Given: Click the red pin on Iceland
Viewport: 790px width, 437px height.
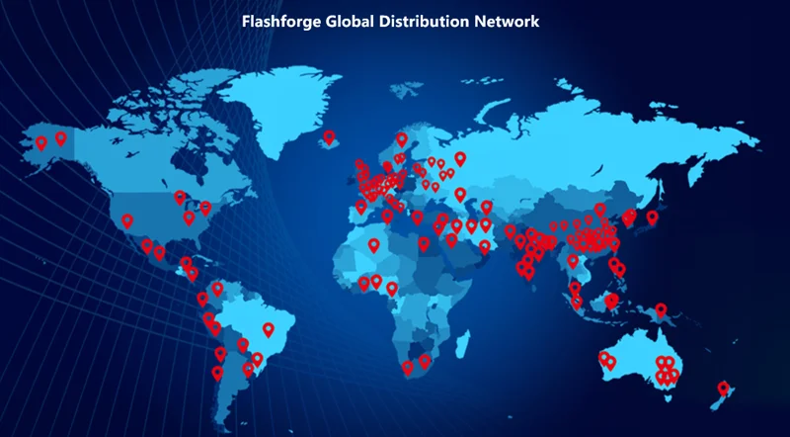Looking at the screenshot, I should pos(329,138).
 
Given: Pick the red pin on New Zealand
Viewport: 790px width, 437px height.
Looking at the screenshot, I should pos(723,389).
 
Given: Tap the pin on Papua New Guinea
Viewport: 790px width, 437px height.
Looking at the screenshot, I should pos(661,312).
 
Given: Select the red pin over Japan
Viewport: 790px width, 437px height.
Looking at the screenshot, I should pos(652,218).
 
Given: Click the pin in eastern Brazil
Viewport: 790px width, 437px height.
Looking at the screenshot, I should pos(268,329).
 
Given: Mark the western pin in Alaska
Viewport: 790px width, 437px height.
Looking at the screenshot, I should pos(41,143).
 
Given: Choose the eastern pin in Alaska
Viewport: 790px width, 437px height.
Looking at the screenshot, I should pos(60,138).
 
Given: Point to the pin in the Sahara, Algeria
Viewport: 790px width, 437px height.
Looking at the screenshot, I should pos(373,245).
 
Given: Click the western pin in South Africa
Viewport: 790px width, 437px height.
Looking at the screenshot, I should pos(407,368).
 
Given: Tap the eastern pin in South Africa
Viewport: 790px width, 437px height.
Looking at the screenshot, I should pos(425,362).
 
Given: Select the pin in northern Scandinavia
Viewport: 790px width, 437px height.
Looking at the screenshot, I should pos(402,139).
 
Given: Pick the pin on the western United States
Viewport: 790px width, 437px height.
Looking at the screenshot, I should pos(126,221).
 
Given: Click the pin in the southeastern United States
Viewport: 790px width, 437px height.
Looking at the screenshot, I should pos(189,218).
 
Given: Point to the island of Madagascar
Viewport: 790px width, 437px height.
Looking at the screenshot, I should pos(460,341).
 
